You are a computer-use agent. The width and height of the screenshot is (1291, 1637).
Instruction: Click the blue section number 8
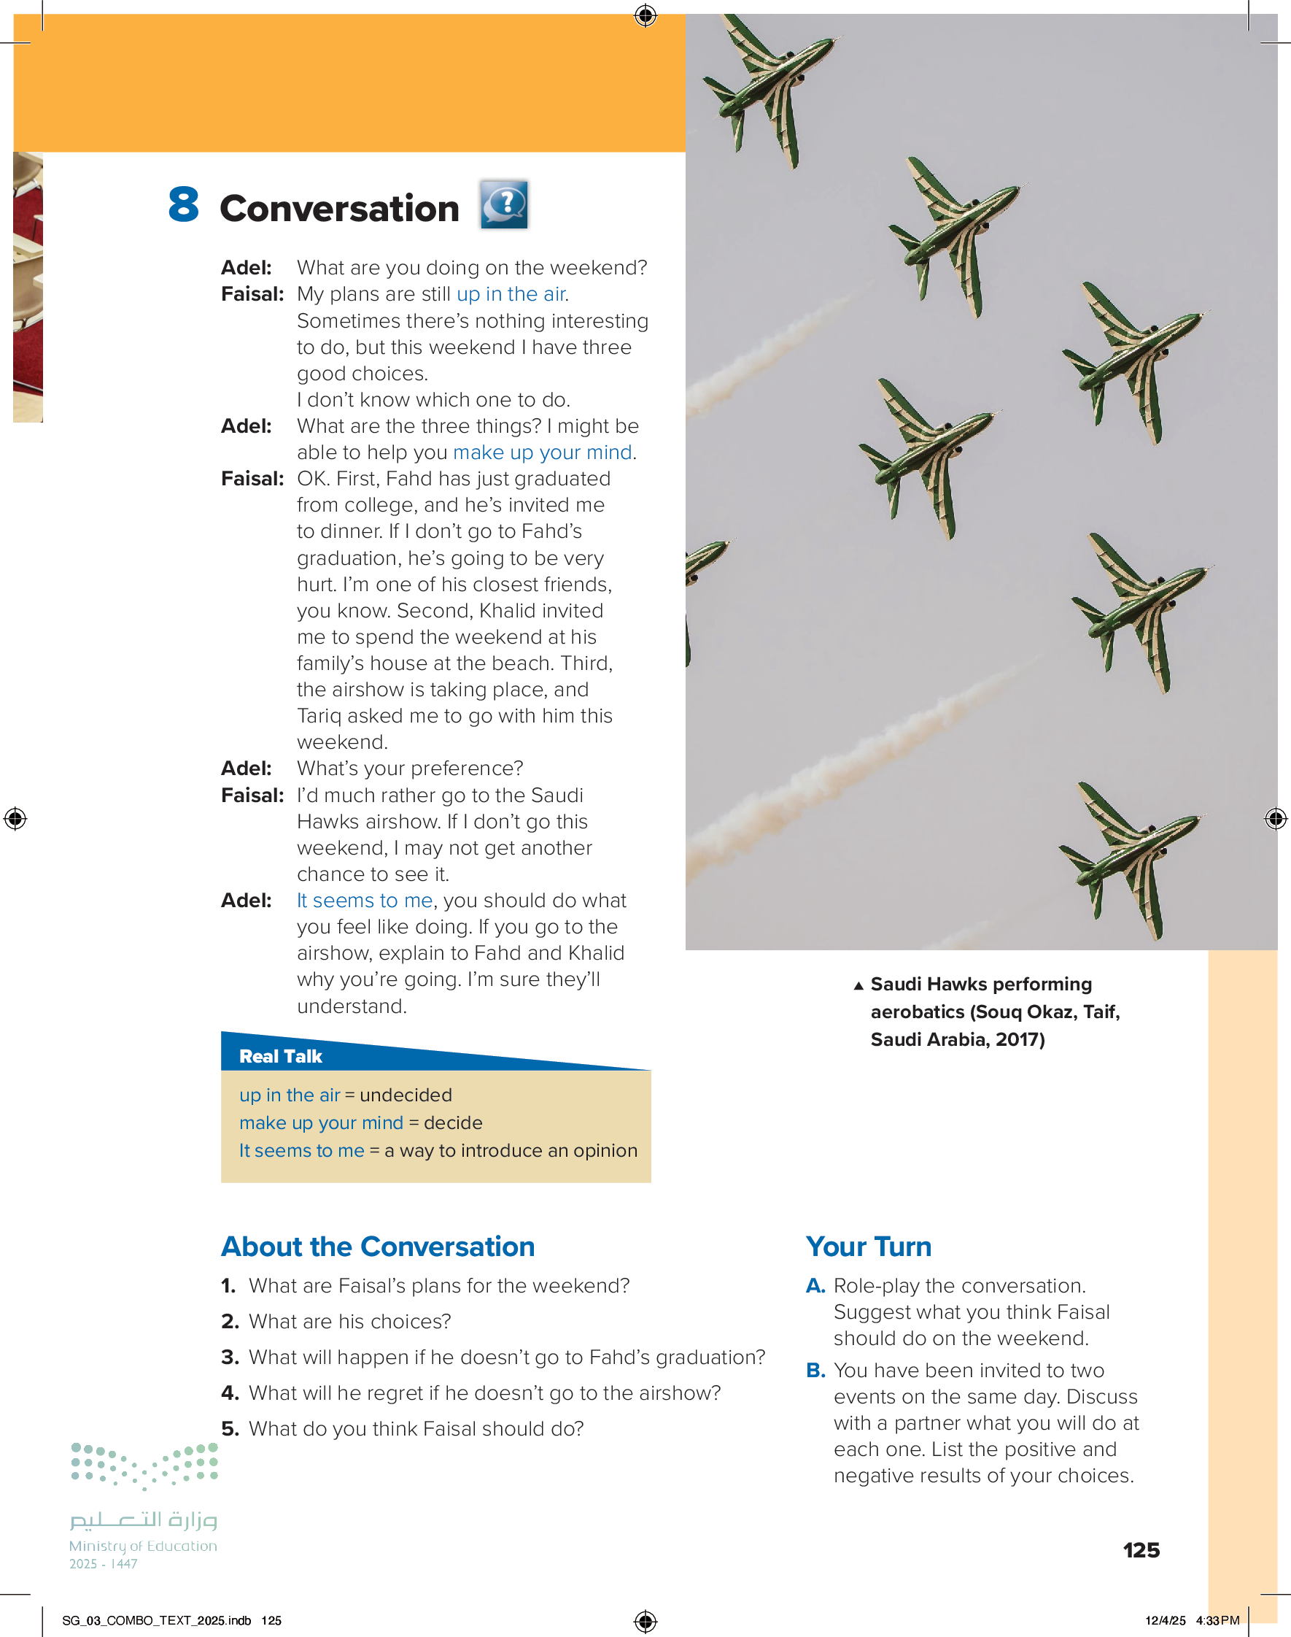coord(184,205)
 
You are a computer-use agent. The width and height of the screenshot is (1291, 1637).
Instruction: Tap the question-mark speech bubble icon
coord(504,204)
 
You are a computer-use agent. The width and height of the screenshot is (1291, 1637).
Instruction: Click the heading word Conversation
coord(339,209)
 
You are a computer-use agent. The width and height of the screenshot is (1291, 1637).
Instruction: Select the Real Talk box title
coord(280,1056)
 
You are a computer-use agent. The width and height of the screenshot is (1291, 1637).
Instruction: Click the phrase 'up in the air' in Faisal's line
coord(511,294)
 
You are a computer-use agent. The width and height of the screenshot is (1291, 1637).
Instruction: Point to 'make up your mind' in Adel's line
coord(542,452)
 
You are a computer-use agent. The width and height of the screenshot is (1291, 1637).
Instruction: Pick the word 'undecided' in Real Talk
coord(406,1095)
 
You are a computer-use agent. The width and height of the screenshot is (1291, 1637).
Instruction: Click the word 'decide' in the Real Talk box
coord(453,1123)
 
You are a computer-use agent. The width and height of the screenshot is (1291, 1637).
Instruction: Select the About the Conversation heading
coord(378,1247)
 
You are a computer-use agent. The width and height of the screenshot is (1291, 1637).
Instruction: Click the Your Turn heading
coord(869,1247)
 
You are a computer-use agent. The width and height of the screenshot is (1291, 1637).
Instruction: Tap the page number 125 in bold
coord(1141,1550)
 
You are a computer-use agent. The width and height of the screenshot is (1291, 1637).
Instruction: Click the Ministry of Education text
coord(143,1547)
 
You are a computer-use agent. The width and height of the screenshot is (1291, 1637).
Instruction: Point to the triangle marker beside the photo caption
coord(858,985)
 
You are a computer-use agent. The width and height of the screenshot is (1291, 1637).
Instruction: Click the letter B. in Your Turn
coord(815,1370)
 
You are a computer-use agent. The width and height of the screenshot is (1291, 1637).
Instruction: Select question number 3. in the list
coord(230,1357)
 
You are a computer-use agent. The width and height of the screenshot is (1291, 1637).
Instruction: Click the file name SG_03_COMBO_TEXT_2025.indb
coord(157,1620)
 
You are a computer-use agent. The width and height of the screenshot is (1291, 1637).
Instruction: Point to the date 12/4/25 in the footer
coord(1165,1620)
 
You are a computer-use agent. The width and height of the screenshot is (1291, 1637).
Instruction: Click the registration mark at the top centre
coord(645,15)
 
